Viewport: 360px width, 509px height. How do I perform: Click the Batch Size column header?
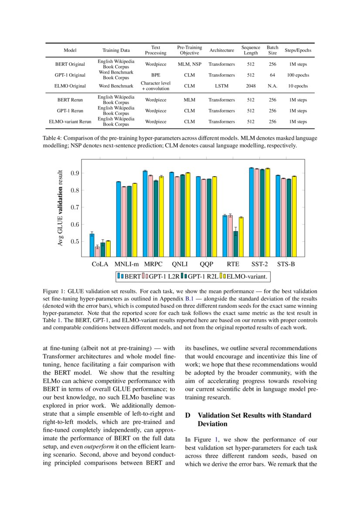click(272, 50)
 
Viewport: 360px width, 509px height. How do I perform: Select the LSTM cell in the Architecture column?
click(221, 86)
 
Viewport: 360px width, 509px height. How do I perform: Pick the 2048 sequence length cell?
click(251, 86)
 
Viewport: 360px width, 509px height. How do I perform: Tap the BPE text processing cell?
click(156, 75)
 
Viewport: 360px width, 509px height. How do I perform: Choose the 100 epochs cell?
click(298, 75)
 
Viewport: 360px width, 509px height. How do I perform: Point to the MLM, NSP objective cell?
click(189, 64)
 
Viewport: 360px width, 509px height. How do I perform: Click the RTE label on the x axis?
click(233, 264)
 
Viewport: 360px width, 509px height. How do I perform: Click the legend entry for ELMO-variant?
click(247, 276)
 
